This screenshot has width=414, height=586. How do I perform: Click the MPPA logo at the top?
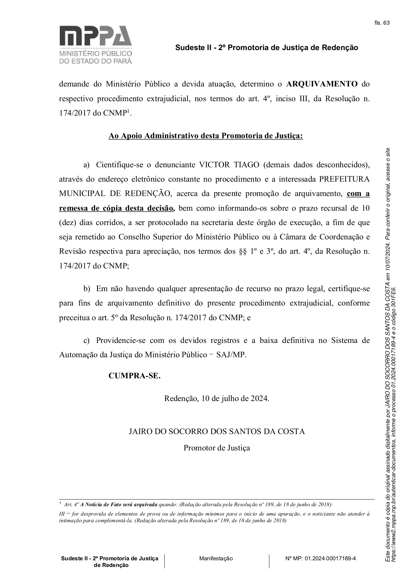point(95,44)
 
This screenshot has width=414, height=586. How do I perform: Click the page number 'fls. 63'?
point(382,23)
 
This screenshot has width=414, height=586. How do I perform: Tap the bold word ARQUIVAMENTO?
point(322,84)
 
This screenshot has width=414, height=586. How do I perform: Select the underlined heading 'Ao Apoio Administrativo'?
point(205,136)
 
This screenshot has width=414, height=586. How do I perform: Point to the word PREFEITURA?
point(344,179)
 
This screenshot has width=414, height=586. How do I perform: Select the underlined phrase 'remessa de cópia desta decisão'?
point(117,208)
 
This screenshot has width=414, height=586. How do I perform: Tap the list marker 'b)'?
point(87,289)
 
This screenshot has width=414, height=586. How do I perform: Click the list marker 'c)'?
point(87,340)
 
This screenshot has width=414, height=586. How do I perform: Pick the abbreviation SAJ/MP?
point(231,355)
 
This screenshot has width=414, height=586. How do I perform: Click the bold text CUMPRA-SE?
point(135,376)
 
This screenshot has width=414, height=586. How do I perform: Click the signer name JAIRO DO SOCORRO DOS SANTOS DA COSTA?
point(217,431)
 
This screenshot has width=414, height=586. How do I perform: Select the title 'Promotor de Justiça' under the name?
point(217,448)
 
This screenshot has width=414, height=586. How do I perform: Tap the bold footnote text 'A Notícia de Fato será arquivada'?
point(119,504)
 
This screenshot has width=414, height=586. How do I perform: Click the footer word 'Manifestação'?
point(216,558)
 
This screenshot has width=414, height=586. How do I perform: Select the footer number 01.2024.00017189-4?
point(330,558)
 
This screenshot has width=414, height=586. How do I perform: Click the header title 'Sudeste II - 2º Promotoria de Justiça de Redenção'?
point(266,48)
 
